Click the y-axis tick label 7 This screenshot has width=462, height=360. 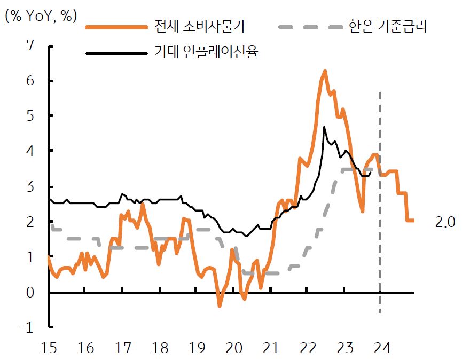[29, 46]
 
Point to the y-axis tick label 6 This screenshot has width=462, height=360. [29, 81]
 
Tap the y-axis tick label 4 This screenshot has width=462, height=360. [29, 152]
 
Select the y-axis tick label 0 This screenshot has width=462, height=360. [29, 293]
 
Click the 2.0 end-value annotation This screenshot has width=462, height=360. [445, 222]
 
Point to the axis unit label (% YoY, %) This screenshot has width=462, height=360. [41, 16]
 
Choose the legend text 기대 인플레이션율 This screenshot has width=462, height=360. [206, 53]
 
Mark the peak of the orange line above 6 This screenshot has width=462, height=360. [324, 71]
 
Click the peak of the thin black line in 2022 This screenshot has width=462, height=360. [324, 127]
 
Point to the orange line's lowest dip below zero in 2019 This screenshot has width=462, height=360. [219, 306]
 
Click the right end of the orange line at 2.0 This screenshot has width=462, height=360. [413, 221]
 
